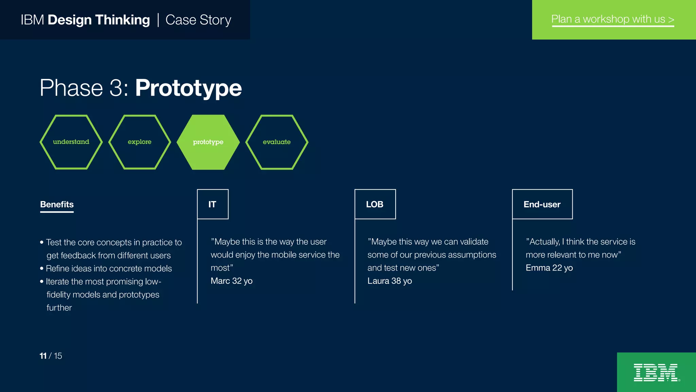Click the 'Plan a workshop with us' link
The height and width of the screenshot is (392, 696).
coord(612,19)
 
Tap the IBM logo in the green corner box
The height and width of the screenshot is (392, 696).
coord(656,373)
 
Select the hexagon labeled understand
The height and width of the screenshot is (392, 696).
coord(71,142)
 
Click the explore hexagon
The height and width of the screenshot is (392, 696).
coord(140,142)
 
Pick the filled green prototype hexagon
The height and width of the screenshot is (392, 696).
coord(208,142)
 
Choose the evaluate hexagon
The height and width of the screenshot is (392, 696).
coord(277,142)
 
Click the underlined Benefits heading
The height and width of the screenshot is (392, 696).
coord(57,205)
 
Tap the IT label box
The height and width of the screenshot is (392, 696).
coord(213,204)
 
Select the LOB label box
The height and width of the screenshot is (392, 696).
coord(375,204)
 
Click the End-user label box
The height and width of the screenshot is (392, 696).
coord(542,204)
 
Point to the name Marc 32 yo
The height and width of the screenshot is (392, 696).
coord(231,281)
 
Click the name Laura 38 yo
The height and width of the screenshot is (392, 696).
coord(389,281)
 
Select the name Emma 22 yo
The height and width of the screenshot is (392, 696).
coord(549,268)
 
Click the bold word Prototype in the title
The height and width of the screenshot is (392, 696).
coord(188,88)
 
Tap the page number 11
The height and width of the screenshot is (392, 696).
coord(43,356)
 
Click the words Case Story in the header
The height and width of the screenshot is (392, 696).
coord(198,20)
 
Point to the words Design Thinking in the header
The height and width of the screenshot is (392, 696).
coord(99,20)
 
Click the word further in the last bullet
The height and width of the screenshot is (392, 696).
coord(59,308)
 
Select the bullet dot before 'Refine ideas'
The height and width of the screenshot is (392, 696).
coord(42,268)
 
